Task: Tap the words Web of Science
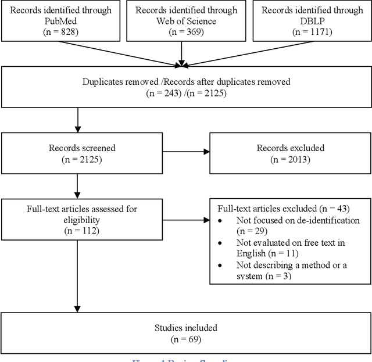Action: (x=182, y=21)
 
